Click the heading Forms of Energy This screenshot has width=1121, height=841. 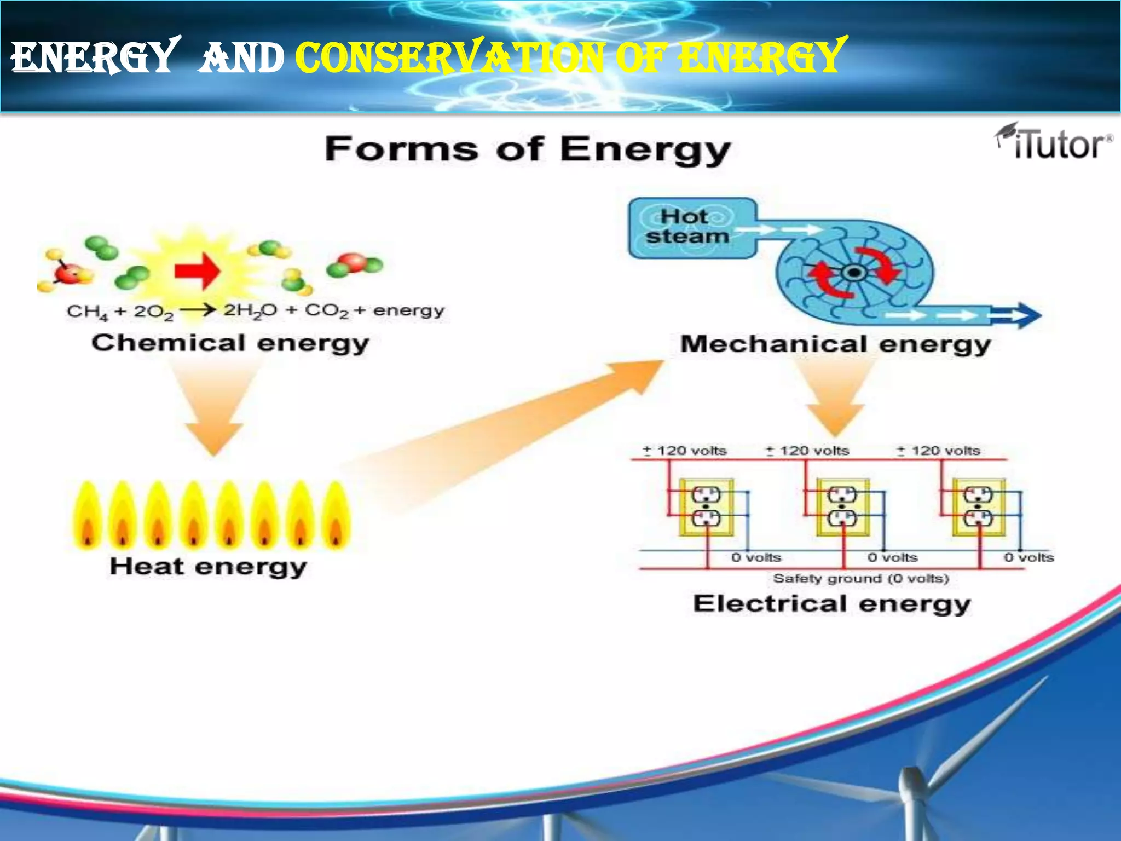pos(528,149)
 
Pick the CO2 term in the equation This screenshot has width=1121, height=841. pos(326,311)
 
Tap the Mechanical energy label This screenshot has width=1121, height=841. pos(835,345)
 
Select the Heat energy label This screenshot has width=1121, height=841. pos(208,567)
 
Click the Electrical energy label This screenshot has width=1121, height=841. pos(832,604)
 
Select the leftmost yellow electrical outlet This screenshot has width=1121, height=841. pos(706,507)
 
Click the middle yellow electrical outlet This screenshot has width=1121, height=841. pos(842,507)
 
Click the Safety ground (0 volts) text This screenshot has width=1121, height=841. pos(860,579)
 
